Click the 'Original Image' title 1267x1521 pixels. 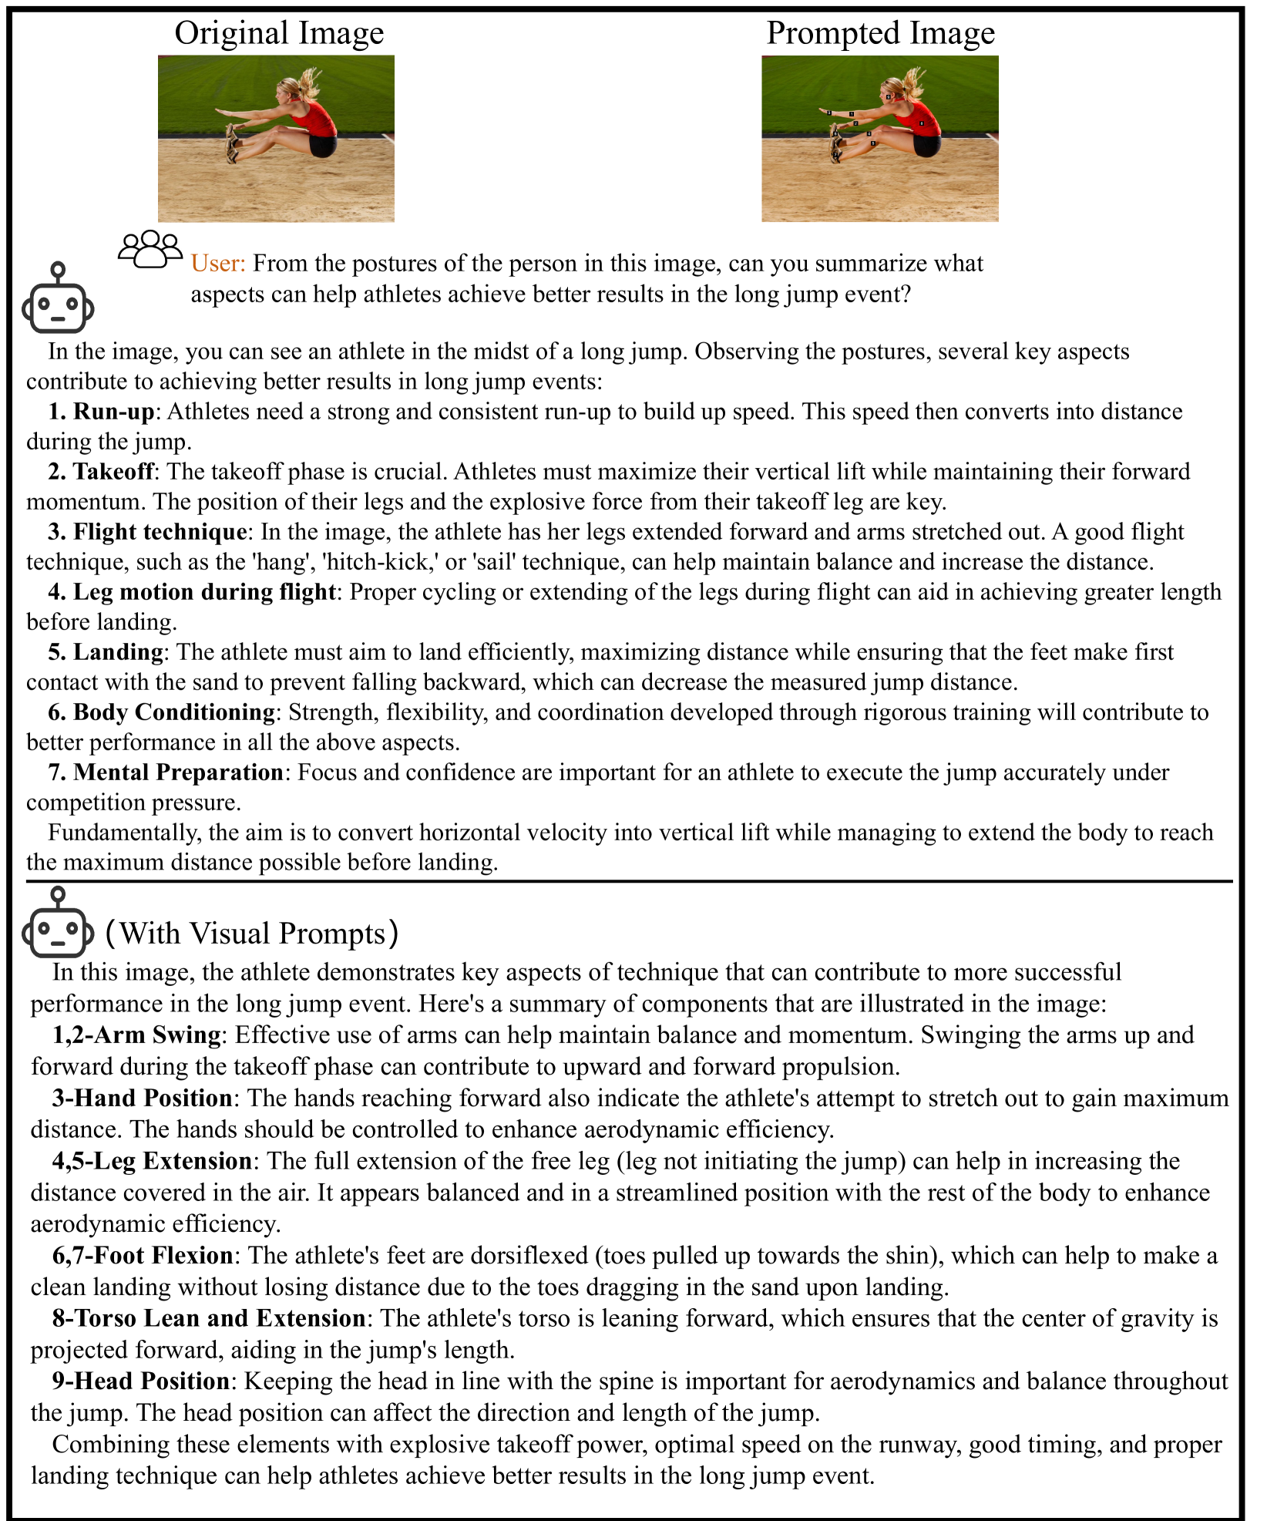279,33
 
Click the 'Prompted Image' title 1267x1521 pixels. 880,33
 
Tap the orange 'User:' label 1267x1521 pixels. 218,264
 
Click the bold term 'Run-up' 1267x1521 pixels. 114,412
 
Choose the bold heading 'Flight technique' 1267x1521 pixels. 160,532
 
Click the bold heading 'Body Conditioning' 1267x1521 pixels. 173,712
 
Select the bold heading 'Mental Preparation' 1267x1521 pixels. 178,772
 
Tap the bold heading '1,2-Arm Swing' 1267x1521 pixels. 137,1035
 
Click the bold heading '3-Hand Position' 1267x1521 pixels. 143,1098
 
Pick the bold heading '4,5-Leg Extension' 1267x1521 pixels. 152,1161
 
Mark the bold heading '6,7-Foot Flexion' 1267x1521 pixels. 143,1256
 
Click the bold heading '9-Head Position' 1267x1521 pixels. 141,1381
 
